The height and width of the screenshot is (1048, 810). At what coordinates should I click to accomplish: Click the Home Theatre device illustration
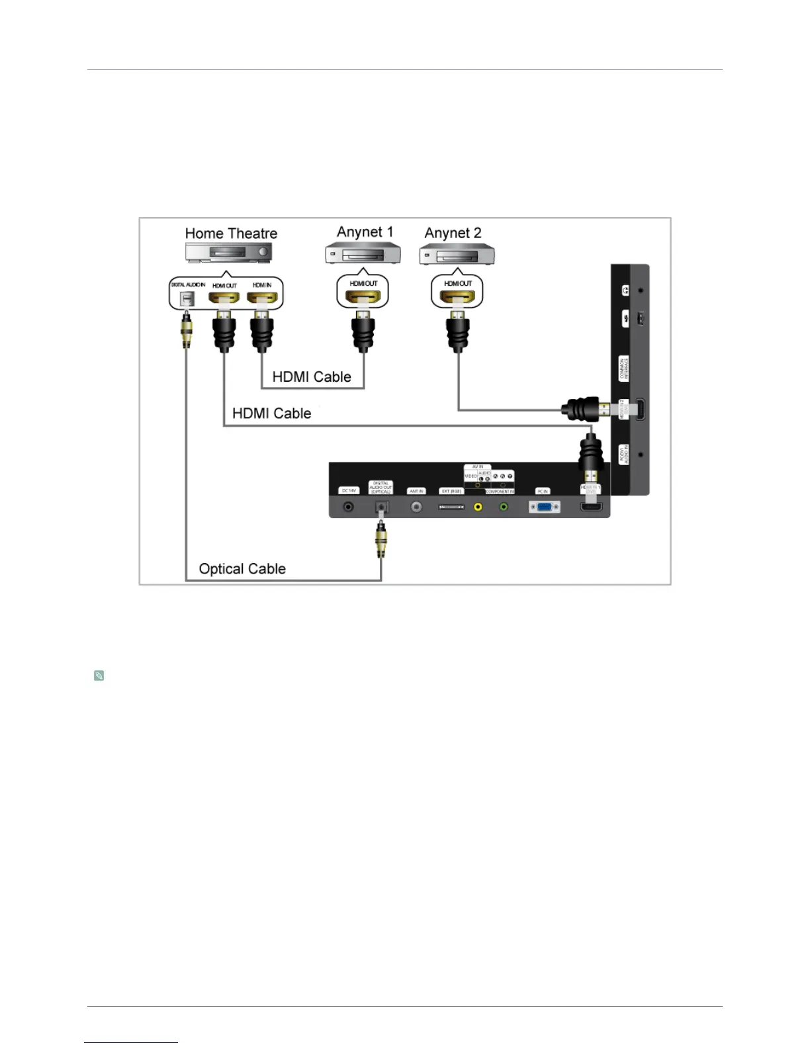[229, 252]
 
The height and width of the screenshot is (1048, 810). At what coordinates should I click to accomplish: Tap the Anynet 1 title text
[365, 232]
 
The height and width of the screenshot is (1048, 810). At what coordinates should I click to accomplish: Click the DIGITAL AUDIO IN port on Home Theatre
[188, 298]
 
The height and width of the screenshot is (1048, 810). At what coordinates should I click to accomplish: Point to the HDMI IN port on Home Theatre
[262, 298]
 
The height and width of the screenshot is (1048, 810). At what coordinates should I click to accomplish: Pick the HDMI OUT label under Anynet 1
[363, 283]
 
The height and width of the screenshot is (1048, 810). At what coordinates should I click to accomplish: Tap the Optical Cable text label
[242, 569]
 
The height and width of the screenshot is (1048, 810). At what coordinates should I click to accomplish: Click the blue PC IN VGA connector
[544, 507]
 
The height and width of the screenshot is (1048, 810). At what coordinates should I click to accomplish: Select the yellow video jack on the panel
[478, 507]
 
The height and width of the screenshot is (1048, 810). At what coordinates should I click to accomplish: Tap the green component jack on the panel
[504, 507]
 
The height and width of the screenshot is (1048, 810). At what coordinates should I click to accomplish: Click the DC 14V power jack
[348, 507]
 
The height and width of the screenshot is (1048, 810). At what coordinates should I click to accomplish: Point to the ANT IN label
[416, 491]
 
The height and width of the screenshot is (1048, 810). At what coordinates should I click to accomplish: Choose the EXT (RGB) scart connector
[451, 507]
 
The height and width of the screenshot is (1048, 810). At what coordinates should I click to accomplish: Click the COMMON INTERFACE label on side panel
[623, 369]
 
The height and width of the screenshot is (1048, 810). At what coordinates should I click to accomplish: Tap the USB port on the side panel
[640, 319]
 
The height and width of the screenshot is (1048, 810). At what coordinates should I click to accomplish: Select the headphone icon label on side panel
[625, 290]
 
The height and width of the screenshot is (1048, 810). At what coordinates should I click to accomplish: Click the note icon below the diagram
[99, 676]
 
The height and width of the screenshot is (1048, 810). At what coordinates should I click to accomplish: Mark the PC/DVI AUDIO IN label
[623, 455]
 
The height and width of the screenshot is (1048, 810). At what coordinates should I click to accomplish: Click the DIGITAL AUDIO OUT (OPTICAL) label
[381, 488]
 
